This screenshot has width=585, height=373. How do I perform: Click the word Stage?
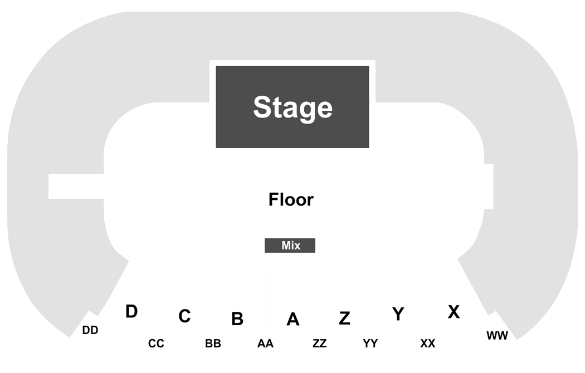292,107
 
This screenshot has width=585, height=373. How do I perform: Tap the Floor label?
291,199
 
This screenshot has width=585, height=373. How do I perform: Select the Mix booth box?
290,245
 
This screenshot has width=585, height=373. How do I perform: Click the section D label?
131,312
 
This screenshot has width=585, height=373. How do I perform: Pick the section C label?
184,316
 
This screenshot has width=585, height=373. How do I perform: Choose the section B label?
237,318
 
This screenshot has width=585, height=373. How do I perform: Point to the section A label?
293,319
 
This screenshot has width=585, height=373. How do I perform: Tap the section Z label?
344,318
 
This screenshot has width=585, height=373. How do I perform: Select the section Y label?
398,314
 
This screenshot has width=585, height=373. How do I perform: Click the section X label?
454,312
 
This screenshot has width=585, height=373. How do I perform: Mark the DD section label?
90,330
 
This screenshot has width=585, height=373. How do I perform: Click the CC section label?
156,343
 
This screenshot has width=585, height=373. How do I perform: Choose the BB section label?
213,343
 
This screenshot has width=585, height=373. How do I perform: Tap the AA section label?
265,343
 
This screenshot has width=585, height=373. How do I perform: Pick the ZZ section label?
319,343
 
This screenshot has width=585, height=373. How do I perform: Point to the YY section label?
370,343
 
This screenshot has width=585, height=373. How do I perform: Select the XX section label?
427,343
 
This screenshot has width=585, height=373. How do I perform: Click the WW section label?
498,336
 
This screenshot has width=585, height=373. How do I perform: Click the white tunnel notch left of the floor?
76,186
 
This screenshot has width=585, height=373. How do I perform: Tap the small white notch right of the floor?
489,186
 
